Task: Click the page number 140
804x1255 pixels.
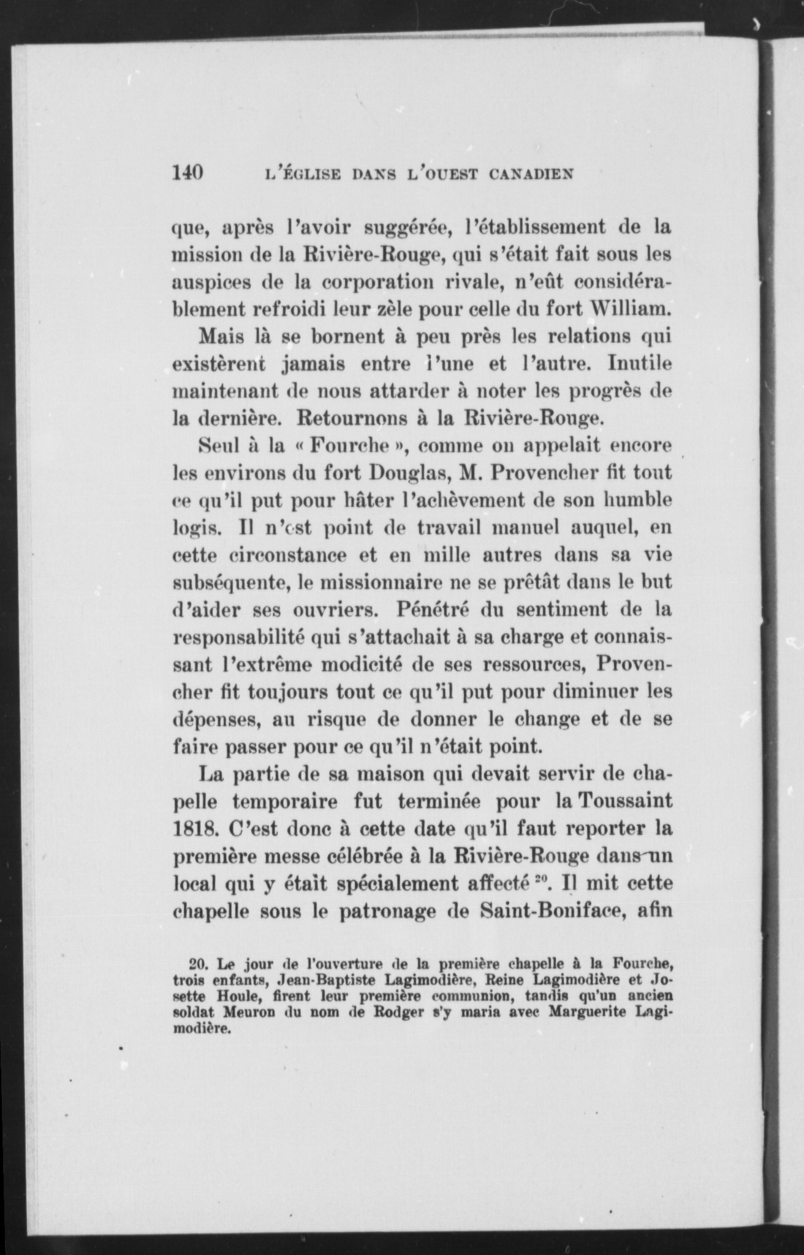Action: coord(187,173)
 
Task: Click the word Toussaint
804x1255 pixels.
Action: coord(616,802)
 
